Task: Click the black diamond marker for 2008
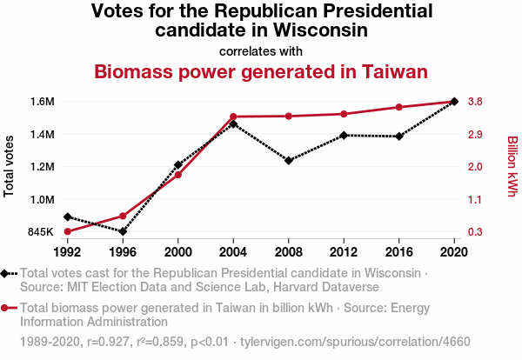point(289,161)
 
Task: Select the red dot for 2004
point(233,117)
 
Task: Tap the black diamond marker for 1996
point(123,231)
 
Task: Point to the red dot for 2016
point(399,107)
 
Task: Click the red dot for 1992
point(67,231)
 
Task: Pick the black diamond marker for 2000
point(178,164)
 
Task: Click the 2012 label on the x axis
point(344,252)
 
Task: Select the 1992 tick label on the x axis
point(67,252)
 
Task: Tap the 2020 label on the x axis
point(454,252)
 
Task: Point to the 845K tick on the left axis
point(41,232)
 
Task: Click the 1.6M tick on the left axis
point(42,102)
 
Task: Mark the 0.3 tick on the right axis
point(475,232)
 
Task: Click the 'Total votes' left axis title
point(10,166)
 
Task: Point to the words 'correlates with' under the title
point(261,50)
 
